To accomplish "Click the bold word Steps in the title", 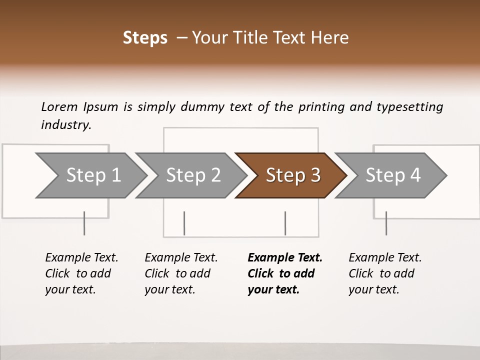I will pos(145,38).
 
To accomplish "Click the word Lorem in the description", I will pos(59,107).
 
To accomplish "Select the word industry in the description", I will pos(66,125).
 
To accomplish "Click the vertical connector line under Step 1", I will pos(84,223).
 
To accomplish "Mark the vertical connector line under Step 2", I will pos(184,223).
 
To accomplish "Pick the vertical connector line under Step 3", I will pos(285,223).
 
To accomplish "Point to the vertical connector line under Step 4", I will pos(386,223).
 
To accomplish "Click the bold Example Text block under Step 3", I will pos(284,273).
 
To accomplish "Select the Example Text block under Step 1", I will pos(81,273).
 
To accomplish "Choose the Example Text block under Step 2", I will pos(181,273).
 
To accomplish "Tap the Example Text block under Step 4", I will pos(384,273).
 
